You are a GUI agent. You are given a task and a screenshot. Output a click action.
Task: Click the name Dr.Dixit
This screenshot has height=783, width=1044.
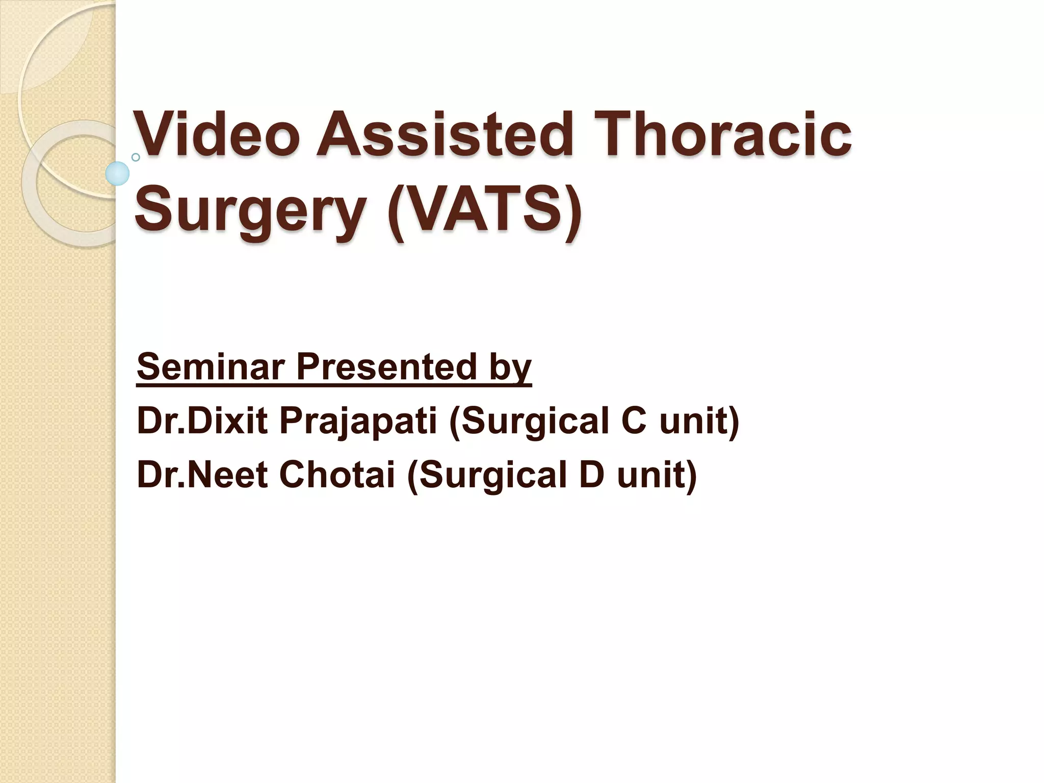(202, 421)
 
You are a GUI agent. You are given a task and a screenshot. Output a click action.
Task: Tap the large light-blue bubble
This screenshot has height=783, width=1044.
(117, 173)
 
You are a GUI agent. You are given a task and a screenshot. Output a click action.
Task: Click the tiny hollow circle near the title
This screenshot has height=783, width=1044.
(136, 157)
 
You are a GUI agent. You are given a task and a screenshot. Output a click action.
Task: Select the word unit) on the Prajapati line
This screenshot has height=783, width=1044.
(698, 422)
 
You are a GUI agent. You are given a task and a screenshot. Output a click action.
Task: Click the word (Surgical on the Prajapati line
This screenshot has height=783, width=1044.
(528, 422)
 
